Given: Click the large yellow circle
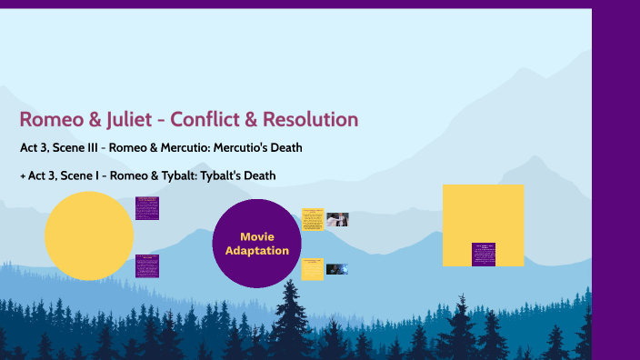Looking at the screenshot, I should point(88,236).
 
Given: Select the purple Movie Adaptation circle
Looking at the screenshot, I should point(257,243).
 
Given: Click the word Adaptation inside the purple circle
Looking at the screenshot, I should point(257,251).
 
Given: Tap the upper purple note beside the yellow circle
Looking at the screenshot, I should point(146,207).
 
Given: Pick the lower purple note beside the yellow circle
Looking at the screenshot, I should point(146,265).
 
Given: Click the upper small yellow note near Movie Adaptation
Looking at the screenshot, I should point(312,219).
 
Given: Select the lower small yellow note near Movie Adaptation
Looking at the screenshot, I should point(312,269).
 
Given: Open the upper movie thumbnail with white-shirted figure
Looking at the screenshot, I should point(337,219).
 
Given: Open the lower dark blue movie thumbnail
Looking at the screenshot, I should point(336,269).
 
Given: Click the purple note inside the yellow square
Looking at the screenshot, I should point(483,254).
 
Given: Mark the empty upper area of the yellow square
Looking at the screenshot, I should point(483,209).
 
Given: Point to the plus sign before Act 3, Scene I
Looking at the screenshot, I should point(22,175).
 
